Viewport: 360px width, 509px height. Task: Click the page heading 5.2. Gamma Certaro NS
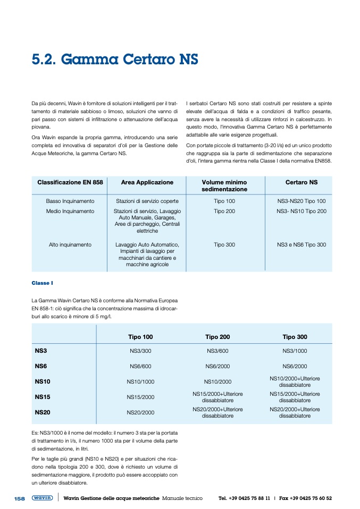pos(115,59)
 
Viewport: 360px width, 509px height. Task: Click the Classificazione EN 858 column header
pos(70,182)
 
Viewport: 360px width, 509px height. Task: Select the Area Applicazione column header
pos(147,182)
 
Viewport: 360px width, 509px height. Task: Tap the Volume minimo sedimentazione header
pos(224,185)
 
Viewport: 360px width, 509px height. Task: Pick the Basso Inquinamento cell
pos(70,201)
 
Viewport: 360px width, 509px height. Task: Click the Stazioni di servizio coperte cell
pos(147,201)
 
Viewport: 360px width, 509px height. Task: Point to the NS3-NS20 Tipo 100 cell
pos(302,201)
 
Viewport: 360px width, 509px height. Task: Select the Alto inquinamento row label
pos(70,245)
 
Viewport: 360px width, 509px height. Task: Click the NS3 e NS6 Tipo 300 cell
pos(302,245)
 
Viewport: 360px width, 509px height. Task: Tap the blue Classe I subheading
pos(42,283)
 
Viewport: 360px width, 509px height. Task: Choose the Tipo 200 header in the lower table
pos(217,337)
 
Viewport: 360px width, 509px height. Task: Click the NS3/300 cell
pos(140,351)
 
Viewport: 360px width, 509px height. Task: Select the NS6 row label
pos(41,366)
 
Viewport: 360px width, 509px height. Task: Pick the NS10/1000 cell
pos(140,381)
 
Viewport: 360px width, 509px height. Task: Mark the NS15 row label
pos(43,397)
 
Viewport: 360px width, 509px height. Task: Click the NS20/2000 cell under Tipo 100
pos(140,412)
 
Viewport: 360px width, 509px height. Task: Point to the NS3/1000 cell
pos(295,351)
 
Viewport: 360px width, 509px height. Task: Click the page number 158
pos(20,498)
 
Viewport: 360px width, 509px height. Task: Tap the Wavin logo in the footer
pos(42,498)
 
